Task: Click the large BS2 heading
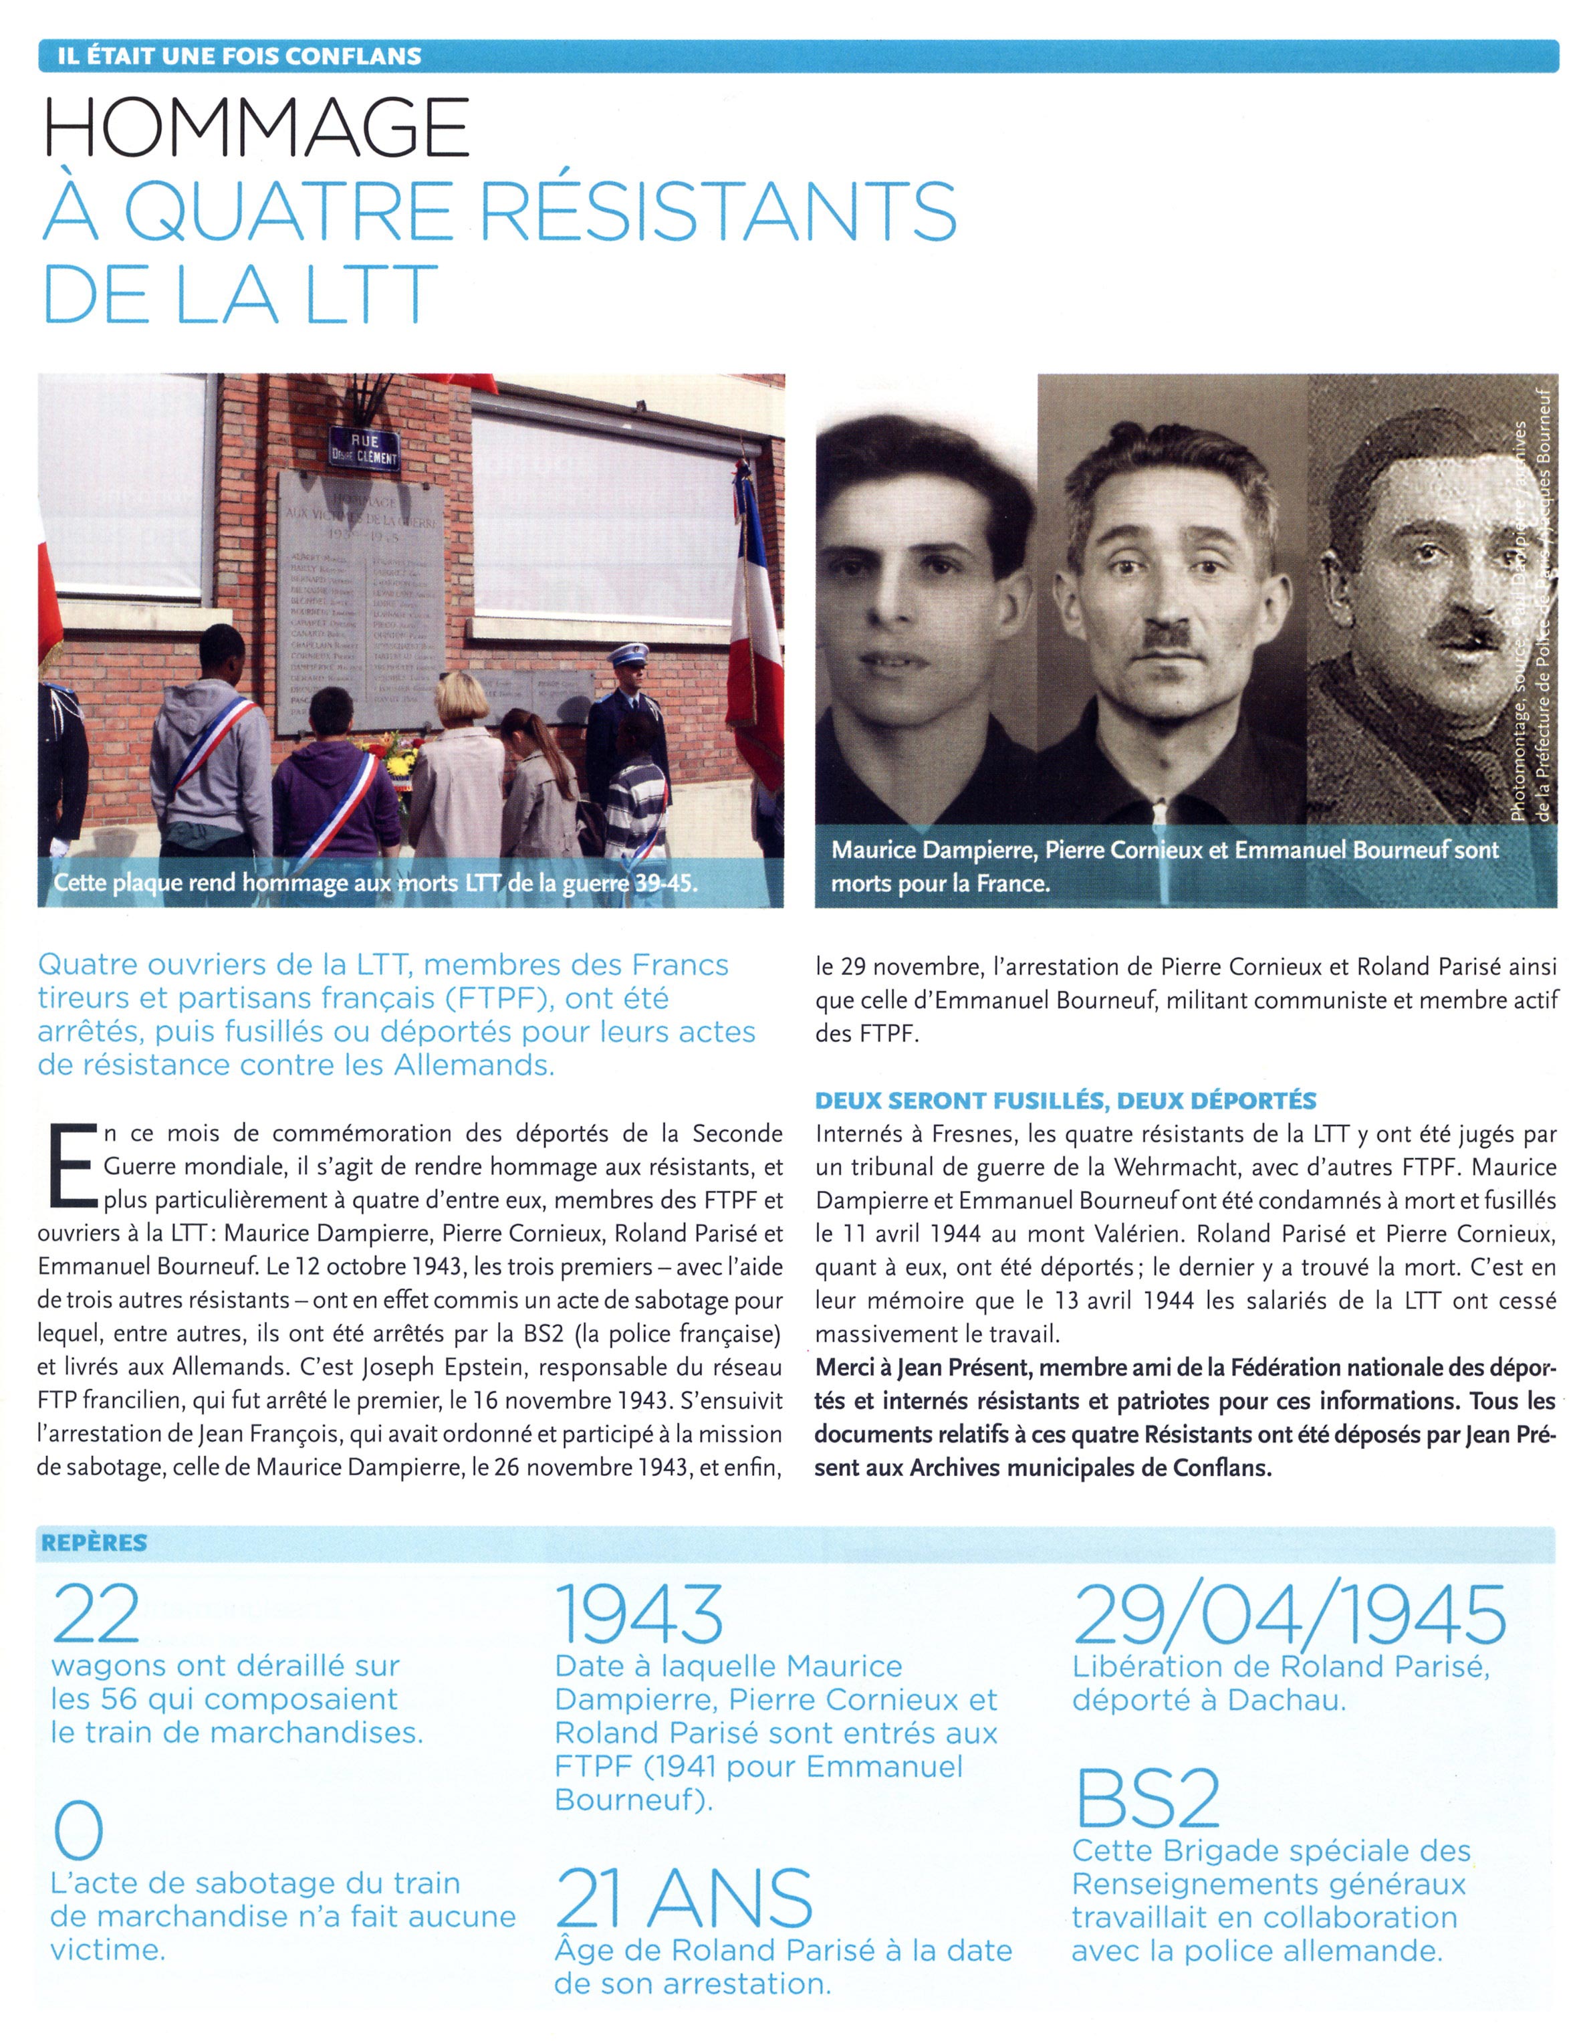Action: pyautogui.click(x=1147, y=1798)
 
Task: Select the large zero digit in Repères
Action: pyautogui.click(x=78, y=1832)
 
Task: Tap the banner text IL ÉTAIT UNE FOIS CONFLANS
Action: pyautogui.click(x=239, y=56)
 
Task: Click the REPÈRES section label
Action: pyautogui.click(x=94, y=1542)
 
